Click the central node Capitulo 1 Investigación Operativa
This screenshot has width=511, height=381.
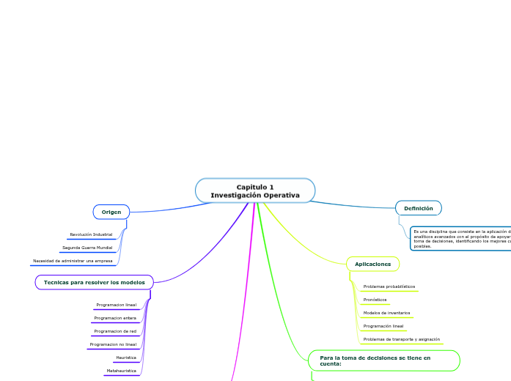pos(255,190)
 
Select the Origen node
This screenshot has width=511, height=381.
pos(111,212)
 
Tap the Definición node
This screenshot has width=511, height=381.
pos(418,208)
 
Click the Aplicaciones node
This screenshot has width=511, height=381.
pos(372,264)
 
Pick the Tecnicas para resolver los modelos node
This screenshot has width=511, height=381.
pos(95,282)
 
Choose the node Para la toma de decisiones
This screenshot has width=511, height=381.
pos(384,360)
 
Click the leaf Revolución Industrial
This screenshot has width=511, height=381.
pos(92,234)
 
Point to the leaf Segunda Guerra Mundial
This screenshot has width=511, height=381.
pos(87,248)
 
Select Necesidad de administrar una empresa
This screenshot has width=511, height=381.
pos(73,261)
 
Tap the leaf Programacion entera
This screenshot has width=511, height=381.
pos(115,318)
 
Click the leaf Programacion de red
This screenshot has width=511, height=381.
pos(115,331)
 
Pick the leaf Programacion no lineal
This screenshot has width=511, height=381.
pos(113,344)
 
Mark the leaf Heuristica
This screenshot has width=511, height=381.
pos(125,358)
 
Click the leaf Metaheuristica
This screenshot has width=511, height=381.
pos(121,371)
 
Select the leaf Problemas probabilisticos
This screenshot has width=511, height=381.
pos(389,286)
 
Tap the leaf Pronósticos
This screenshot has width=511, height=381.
pos(375,300)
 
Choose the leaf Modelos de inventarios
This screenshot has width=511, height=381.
pos(386,313)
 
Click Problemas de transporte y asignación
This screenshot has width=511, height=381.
pos(402,339)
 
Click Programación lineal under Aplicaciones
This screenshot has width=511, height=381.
pos(383,326)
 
